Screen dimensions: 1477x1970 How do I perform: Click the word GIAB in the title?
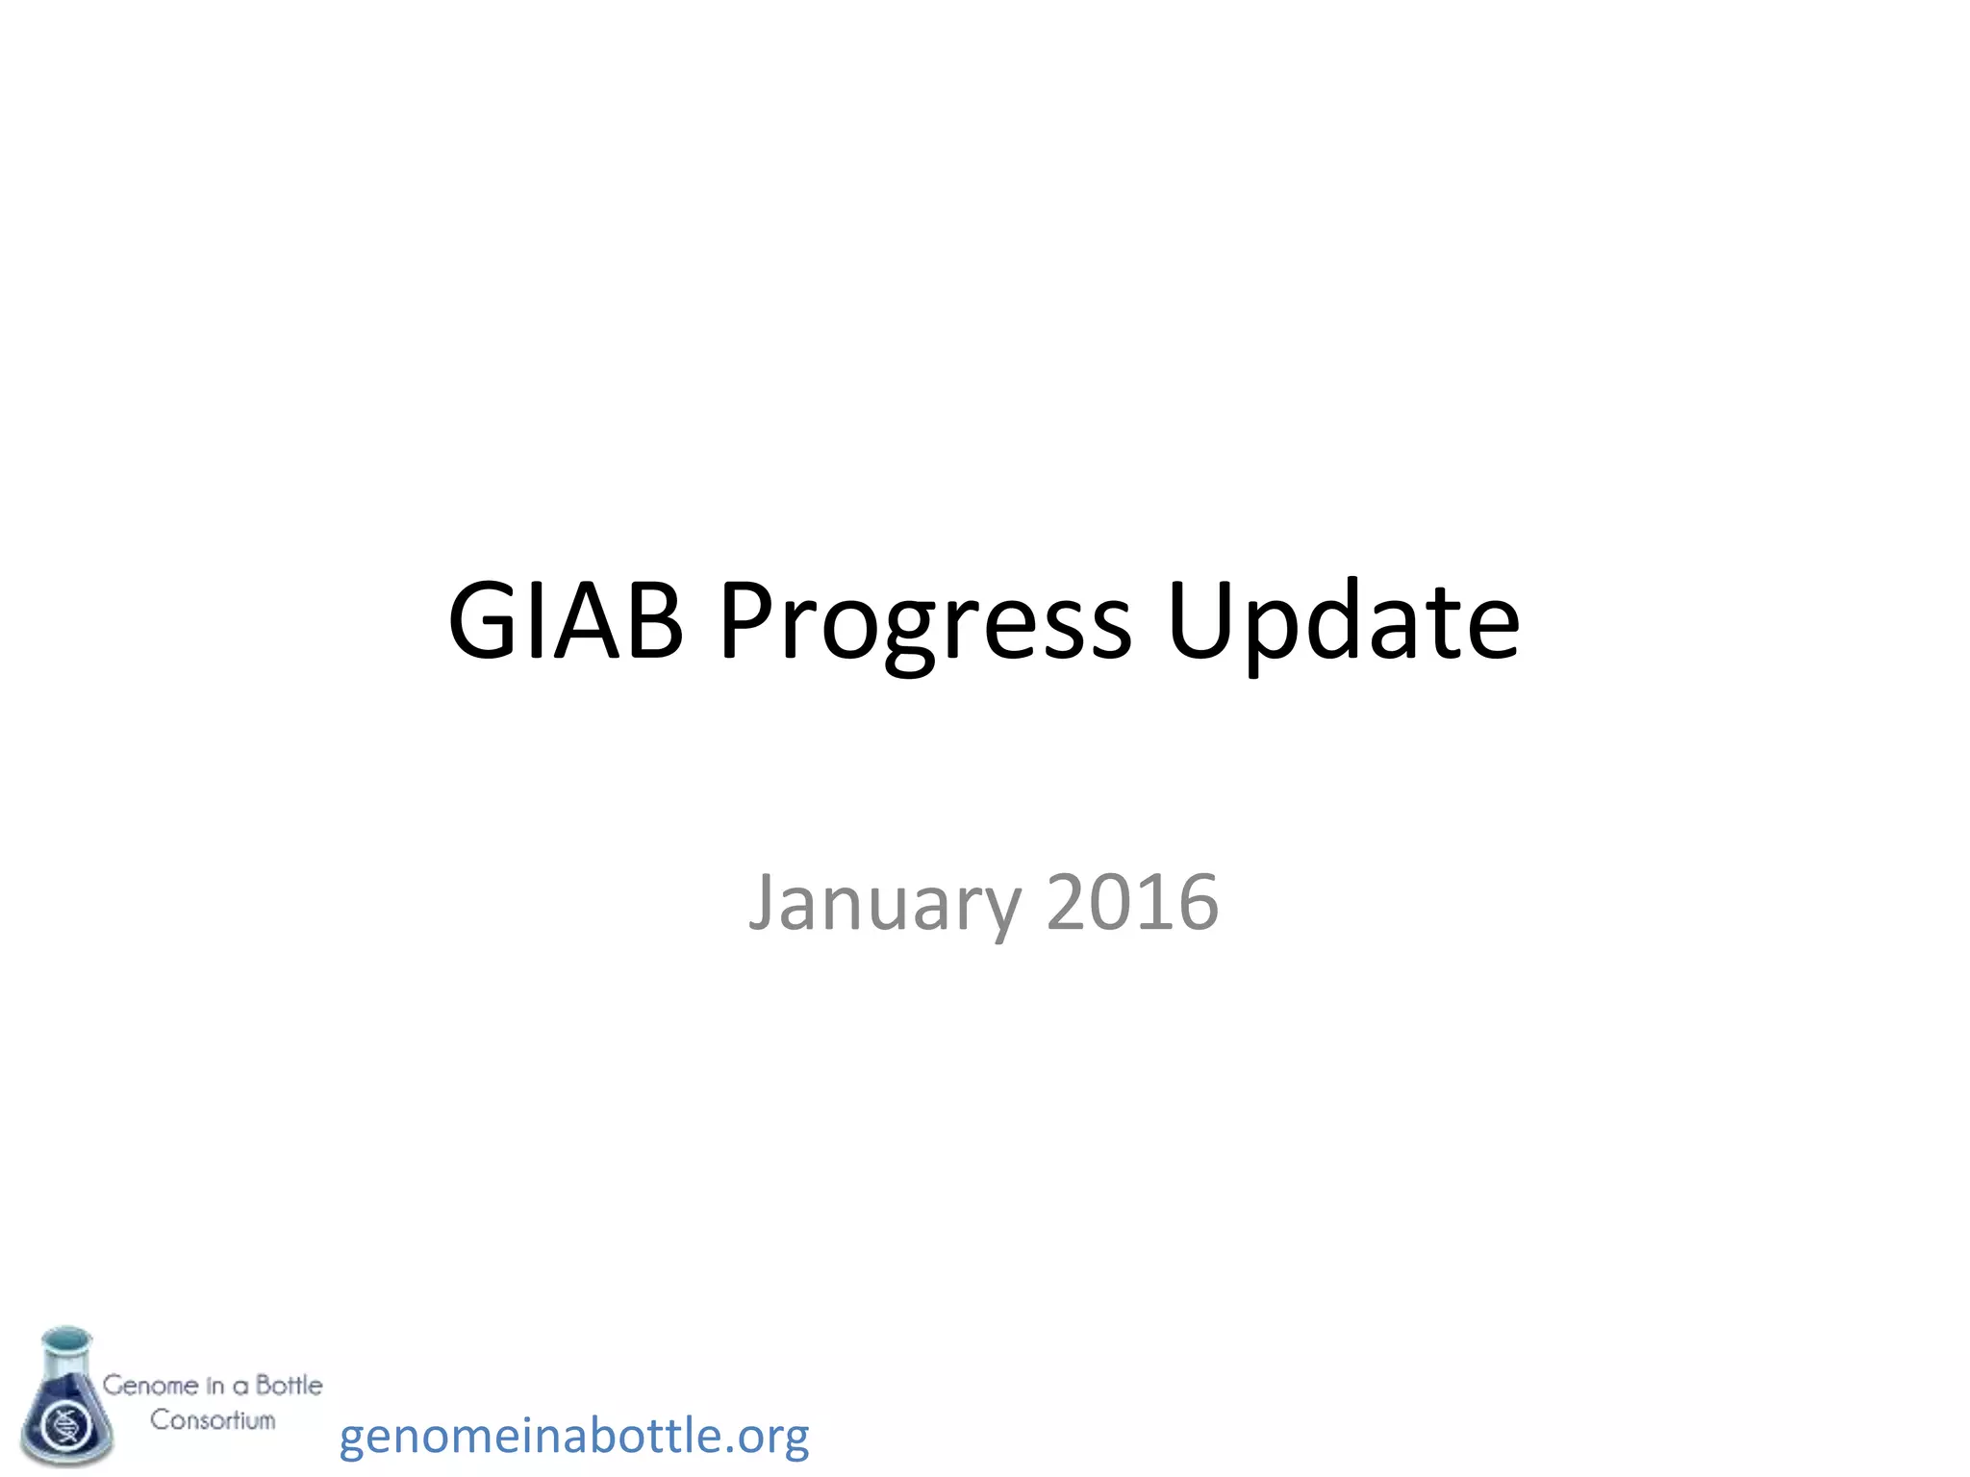[x=566, y=622]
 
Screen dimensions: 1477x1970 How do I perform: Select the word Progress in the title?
[x=925, y=622]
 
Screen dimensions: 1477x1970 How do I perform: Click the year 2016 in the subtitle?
[x=1132, y=902]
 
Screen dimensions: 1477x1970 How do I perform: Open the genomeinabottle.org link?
[x=574, y=1437]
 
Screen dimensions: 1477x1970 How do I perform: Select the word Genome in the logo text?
[x=151, y=1386]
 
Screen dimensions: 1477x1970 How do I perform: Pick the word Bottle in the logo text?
[x=289, y=1386]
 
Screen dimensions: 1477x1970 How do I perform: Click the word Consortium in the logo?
[x=213, y=1420]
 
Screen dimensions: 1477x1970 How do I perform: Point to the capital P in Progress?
[x=748, y=620]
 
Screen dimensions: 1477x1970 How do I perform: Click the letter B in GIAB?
[x=652, y=620]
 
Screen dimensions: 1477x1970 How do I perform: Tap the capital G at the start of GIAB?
[x=483, y=620]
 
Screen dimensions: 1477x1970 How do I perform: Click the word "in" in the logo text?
[x=215, y=1386]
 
